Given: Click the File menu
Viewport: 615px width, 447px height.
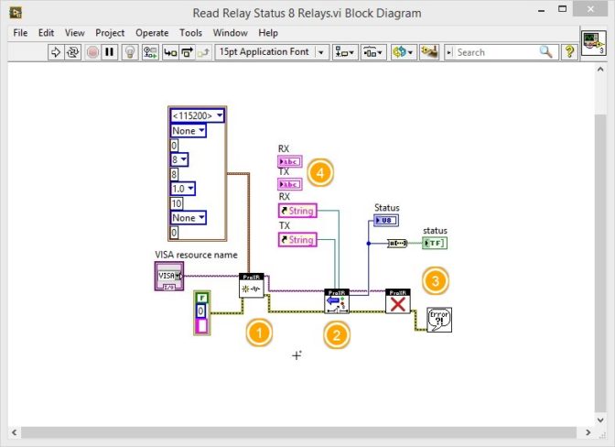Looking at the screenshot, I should (20, 33).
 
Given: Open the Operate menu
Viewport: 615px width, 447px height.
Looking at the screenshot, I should (152, 33).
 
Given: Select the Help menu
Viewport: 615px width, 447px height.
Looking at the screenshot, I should (268, 33).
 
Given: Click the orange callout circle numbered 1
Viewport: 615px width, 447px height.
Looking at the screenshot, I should (260, 333).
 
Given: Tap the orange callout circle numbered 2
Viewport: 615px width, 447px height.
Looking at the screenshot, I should (338, 334).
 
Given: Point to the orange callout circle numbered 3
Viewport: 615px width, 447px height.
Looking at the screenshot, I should (436, 280).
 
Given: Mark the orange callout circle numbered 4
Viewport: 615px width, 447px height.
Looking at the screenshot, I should (318, 170).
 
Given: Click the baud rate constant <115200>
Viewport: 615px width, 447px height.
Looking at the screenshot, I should (197, 115).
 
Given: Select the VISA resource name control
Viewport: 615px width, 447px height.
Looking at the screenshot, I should (168, 276).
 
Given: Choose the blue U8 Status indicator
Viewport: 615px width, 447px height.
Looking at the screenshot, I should (385, 221).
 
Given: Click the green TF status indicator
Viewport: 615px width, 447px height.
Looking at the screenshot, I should (434, 243).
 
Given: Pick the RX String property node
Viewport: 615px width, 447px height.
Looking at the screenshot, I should (297, 211).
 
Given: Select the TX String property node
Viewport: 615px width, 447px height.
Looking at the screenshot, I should (297, 240).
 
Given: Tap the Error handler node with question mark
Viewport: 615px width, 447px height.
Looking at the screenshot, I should (439, 319).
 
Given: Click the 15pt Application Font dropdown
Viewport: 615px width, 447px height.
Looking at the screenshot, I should (271, 52).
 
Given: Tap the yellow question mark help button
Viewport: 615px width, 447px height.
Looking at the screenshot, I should (569, 52).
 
